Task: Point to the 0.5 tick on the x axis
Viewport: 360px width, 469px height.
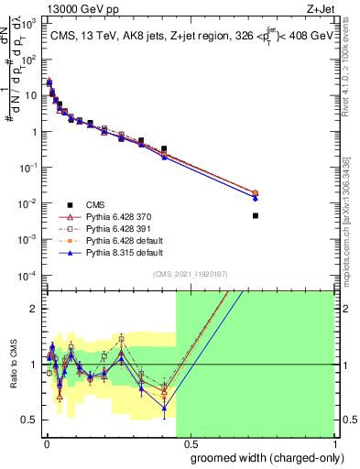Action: click(191, 444)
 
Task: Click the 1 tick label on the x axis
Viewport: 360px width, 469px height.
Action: click(333, 444)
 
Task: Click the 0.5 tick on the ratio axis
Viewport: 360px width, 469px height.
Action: click(33, 420)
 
